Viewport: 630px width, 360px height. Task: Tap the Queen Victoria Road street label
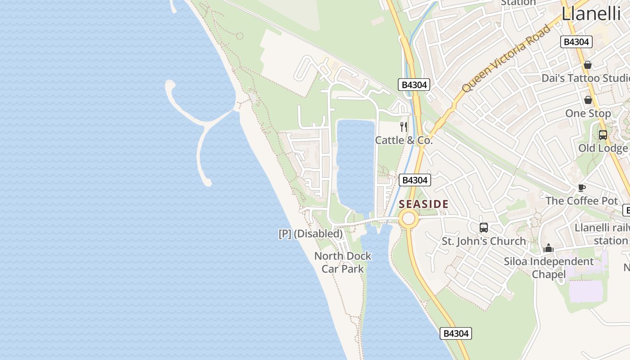pyautogui.click(x=506, y=58)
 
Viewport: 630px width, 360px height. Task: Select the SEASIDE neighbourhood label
pyautogui.click(x=423, y=204)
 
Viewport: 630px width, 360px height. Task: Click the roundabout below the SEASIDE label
pyautogui.click(x=408, y=219)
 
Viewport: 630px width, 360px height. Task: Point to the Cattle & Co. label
pyautogui.click(x=404, y=140)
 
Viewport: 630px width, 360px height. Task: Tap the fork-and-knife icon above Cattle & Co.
pyautogui.click(x=404, y=127)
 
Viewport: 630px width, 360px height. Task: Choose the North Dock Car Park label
pyautogui.click(x=343, y=262)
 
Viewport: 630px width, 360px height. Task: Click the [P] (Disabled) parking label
pyautogui.click(x=310, y=234)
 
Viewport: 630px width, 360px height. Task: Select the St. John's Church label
pyautogui.click(x=483, y=241)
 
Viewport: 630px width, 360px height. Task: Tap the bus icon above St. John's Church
pyautogui.click(x=484, y=228)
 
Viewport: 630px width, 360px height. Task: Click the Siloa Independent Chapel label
pyautogui.click(x=549, y=268)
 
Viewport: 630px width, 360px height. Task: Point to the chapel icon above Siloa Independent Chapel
pyautogui.click(x=548, y=248)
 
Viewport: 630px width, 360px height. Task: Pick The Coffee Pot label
pyautogui.click(x=581, y=201)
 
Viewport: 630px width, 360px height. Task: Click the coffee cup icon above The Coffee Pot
pyautogui.click(x=581, y=188)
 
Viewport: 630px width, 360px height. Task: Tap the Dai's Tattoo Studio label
pyautogui.click(x=585, y=78)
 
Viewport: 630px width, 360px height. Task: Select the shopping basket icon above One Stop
pyautogui.click(x=588, y=100)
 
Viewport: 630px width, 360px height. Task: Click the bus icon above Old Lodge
pyautogui.click(x=603, y=135)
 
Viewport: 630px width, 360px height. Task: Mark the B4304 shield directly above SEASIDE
pyautogui.click(x=414, y=180)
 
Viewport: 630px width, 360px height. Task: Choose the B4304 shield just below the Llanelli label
pyautogui.click(x=576, y=42)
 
